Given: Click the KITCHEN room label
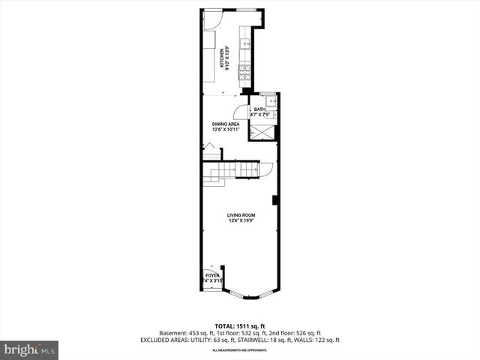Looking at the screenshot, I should pyautogui.click(x=222, y=58).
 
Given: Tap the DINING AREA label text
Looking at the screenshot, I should pyautogui.click(x=225, y=124).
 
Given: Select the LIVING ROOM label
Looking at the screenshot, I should pyautogui.click(x=242, y=215).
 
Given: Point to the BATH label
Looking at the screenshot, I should pyautogui.click(x=259, y=109).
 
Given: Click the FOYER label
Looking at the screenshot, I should pyautogui.click(x=212, y=275).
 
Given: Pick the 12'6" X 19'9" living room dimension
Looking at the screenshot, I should pyautogui.click(x=242, y=221).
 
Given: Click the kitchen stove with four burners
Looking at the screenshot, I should pyautogui.click(x=244, y=72).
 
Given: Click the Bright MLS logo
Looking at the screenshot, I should pyautogui.click(x=29, y=349).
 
